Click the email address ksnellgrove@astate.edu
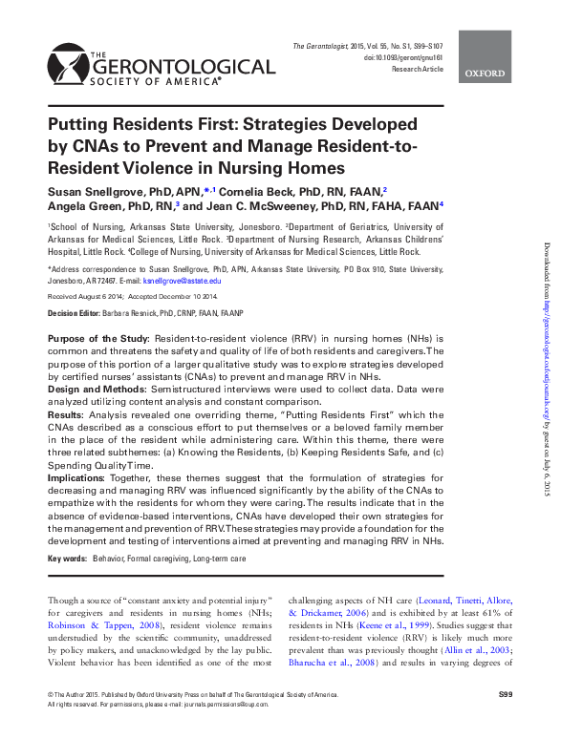[x=183, y=282]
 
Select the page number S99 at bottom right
[x=506, y=692]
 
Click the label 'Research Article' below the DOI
[x=416, y=70]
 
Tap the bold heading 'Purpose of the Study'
[x=97, y=340]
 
